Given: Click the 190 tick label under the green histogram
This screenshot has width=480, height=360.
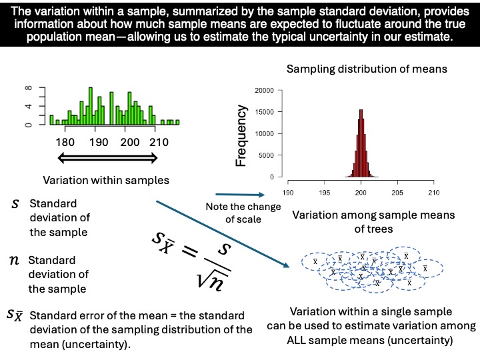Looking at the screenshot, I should point(98,142).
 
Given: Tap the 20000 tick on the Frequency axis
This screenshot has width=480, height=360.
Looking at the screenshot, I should point(264,90).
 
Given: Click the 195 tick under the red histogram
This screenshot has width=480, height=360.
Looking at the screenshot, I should point(324,193).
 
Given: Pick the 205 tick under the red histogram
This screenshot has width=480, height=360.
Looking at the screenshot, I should point(397,193).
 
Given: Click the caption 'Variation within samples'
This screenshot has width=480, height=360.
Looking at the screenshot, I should point(106,180).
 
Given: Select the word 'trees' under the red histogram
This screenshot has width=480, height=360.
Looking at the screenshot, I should point(373,229).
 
